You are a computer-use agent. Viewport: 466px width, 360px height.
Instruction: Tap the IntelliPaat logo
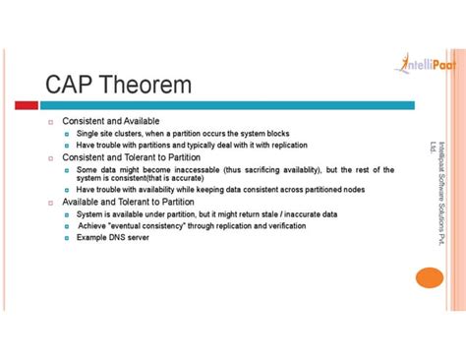(425, 65)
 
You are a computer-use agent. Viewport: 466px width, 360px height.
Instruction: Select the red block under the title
(27, 105)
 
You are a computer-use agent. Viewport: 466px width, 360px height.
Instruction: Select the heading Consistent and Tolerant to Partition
(131, 157)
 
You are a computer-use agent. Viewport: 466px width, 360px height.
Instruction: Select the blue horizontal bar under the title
(226, 105)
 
